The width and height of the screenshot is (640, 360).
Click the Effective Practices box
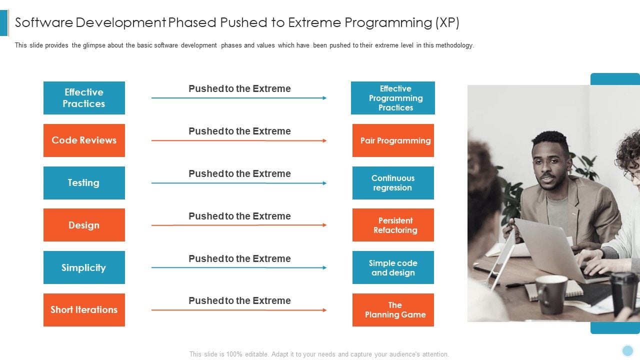(x=84, y=98)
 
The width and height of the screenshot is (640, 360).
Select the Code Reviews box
(x=84, y=140)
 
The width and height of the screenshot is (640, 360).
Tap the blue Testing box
(x=84, y=183)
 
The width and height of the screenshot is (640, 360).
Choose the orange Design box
(x=84, y=225)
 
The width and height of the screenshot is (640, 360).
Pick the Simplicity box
(x=84, y=267)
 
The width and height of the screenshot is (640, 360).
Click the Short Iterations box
(x=84, y=310)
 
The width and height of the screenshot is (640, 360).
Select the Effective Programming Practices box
(x=393, y=98)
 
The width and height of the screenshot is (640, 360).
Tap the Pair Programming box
(x=393, y=140)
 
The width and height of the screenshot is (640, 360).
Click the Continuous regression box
(x=393, y=183)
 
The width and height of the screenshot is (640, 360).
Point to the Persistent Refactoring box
(x=393, y=225)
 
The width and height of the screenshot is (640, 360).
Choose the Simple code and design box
(x=393, y=267)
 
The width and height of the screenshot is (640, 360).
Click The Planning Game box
(x=393, y=310)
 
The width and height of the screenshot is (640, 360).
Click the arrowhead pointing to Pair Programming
(x=324, y=141)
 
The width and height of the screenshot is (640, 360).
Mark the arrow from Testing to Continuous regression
(x=239, y=183)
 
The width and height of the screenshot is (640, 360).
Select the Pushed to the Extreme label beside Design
(x=239, y=216)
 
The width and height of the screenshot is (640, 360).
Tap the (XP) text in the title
(x=447, y=22)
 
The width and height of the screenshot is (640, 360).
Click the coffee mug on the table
(x=551, y=294)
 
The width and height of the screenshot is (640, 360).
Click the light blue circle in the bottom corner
(x=627, y=350)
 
